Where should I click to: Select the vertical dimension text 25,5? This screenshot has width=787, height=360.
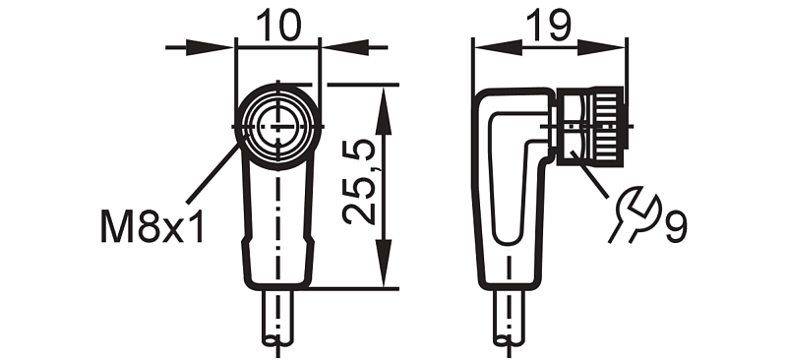358,182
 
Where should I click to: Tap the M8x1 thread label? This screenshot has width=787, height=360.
152,226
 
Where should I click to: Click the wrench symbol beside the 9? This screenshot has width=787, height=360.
635,212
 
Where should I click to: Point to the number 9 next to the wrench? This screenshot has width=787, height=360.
676,226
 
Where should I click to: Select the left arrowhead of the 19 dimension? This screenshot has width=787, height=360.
497,47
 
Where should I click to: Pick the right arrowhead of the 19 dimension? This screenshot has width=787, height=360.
601,47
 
